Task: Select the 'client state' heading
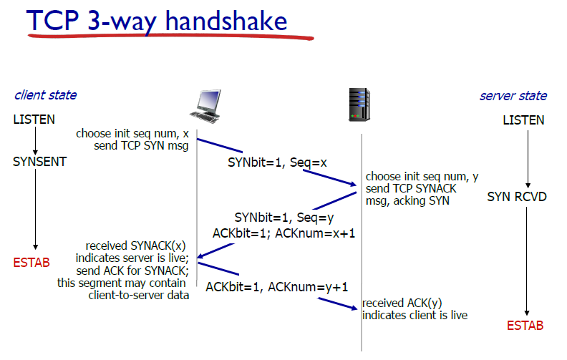(x=45, y=95)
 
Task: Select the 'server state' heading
(x=513, y=96)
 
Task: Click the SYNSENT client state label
(x=39, y=162)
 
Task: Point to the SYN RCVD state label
(x=517, y=196)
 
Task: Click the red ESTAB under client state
(x=31, y=263)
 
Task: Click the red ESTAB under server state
(x=525, y=326)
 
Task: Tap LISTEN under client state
(x=34, y=120)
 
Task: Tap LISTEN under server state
(x=523, y=120)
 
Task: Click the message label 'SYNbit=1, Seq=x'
(x=277, y=162)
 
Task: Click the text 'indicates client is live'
(x=415, y=316)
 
